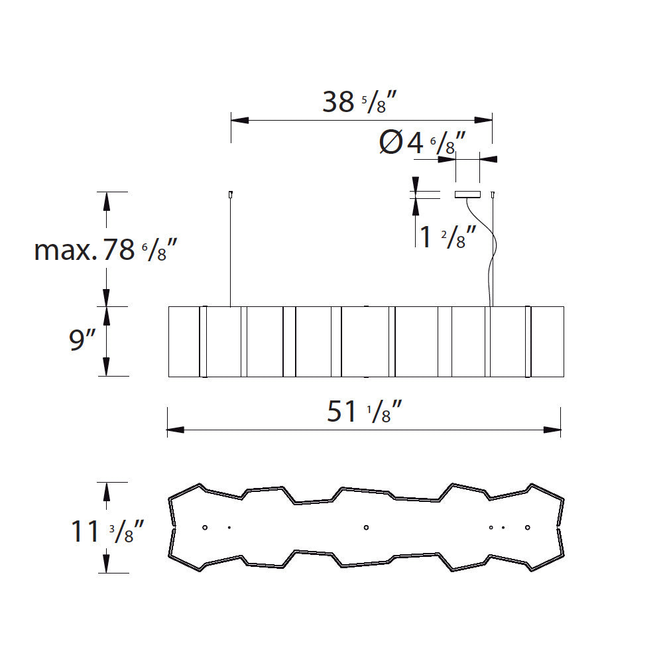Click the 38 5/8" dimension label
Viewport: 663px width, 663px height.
[359, 102]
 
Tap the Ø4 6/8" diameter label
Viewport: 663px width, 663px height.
[422, 143]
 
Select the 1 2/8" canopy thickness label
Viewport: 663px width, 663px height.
[448, 237]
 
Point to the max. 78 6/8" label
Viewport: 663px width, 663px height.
[105, 250]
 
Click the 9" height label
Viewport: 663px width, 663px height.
[82, 339]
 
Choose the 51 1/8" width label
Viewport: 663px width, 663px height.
[364, 412]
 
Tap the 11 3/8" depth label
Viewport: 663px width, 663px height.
[107, 532]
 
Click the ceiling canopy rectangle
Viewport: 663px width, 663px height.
[467, 194]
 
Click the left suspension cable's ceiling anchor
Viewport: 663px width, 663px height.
[231, 194]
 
